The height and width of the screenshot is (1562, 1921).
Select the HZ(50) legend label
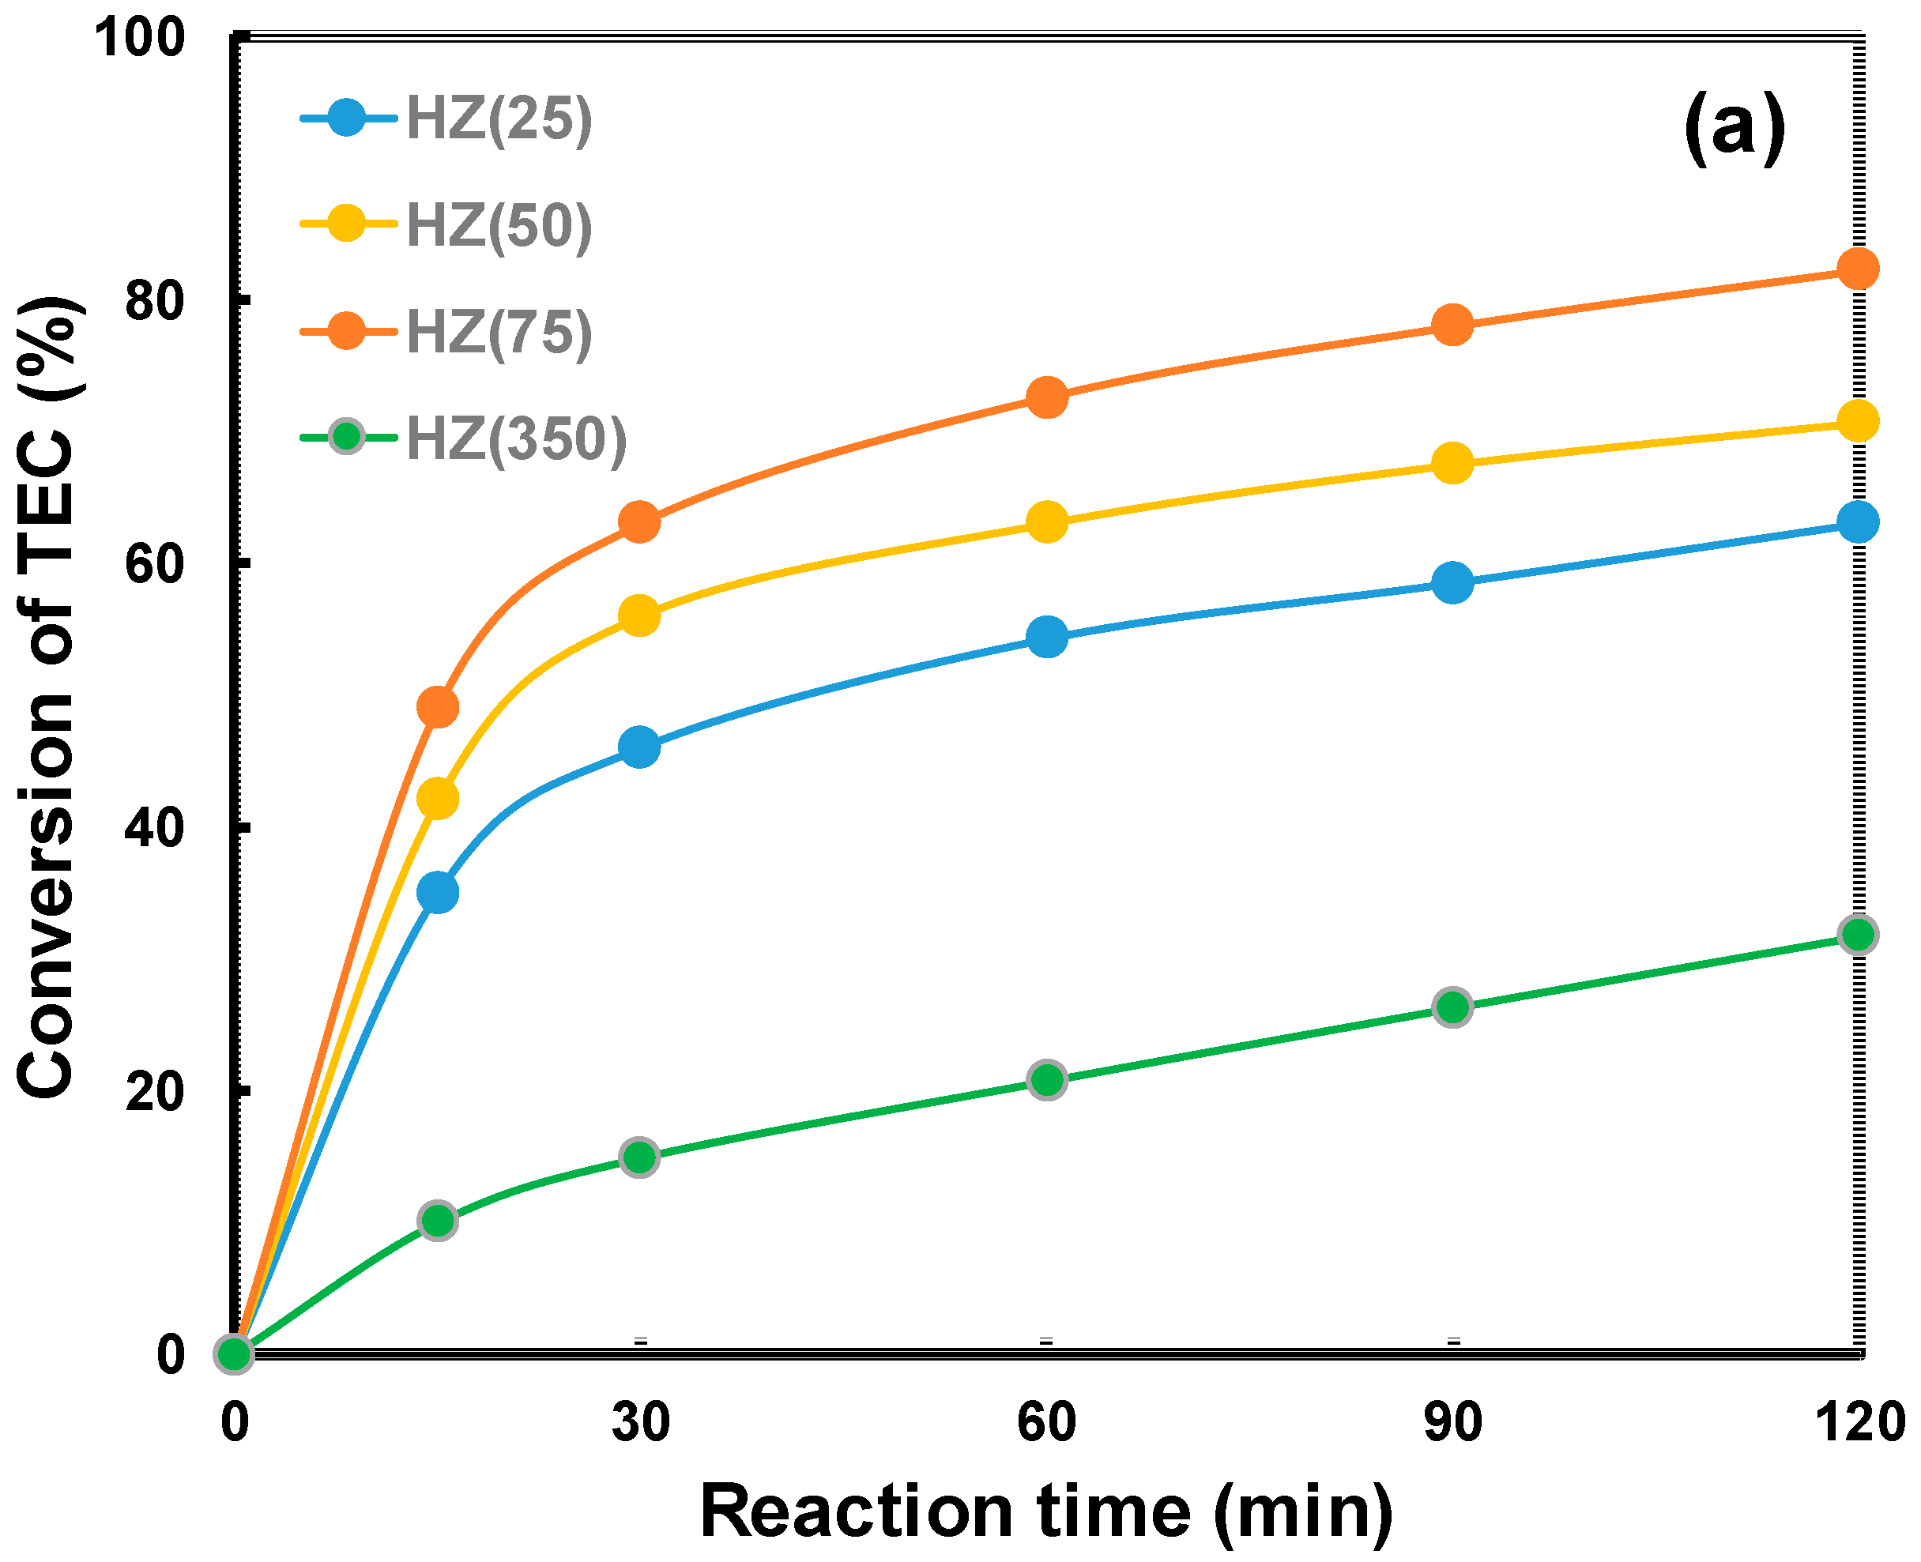coord(499,225)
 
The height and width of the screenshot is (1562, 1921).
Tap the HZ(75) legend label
coord(499,331)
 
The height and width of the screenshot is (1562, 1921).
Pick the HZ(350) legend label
coord(517,438)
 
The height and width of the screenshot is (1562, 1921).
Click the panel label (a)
coord(1735,127)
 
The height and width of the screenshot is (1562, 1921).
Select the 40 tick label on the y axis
coord(154,828)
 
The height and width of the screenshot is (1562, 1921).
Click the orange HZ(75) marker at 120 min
coord(1858,268)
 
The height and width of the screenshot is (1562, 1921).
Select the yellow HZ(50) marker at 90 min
coord(1452,463)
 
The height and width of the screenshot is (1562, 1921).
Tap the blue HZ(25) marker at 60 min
coord(1046,637)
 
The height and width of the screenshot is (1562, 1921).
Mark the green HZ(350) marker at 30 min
coord(640,1157)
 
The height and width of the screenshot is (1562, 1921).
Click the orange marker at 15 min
coord(437,707)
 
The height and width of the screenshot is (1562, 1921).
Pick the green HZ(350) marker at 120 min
coord(1858,935)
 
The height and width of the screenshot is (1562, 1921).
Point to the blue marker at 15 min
coord(437,893)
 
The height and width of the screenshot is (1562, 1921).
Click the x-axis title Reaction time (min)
coord(1046,1512)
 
